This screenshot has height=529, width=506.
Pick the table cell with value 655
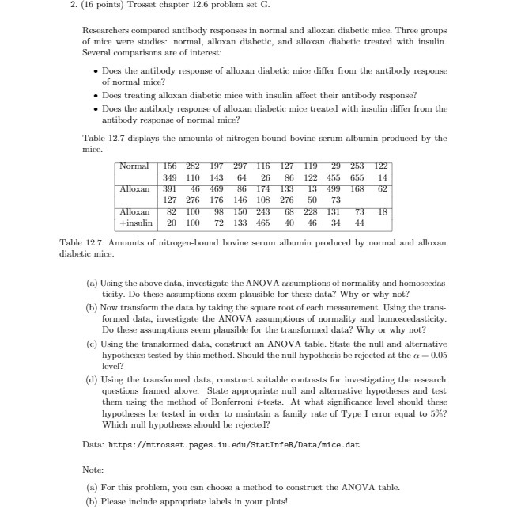click(357, 177)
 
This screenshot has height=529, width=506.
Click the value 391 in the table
click(169, 189)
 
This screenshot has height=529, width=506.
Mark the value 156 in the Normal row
click(169, 166)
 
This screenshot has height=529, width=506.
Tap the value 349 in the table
click(169, 177)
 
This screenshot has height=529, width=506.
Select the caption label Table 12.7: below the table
click(85, 242)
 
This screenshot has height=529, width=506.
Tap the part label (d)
click(91, 379)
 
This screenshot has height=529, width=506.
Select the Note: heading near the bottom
click(93, 470)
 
